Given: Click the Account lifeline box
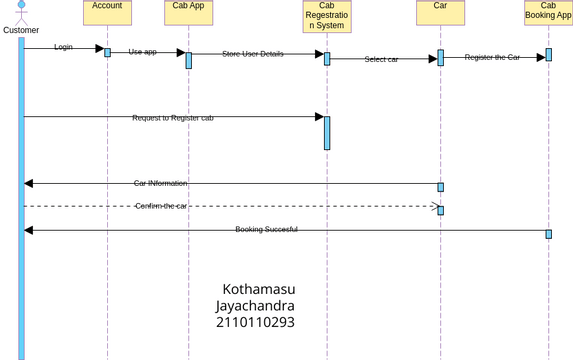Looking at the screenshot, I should tap(107, 12).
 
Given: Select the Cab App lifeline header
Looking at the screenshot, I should tap(187, 12).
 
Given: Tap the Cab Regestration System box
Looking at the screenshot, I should tap(326, 16).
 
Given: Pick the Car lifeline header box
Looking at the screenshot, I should tap(440, 12).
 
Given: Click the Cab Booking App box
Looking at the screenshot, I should tap(548, 12).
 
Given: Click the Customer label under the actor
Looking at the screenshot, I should tap(21, 30).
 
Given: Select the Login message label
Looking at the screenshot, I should tap(63, 47).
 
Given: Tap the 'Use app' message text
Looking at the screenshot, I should tap(143, 52).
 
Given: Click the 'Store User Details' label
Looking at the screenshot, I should tap(252, 54).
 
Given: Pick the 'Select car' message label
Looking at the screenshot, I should tap(381, 60).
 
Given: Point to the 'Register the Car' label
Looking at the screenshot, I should tap(492, 58).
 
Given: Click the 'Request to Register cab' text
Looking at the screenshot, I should tap(173, 118).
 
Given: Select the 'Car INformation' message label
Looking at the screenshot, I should tap(161, 184).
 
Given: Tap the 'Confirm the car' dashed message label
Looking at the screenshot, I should tap(161, 206).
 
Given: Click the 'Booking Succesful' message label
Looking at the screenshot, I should tap(266, 230).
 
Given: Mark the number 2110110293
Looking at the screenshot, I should tap(255, 323).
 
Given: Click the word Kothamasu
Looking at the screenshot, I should tap(258, 290).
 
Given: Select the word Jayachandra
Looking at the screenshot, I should tap(255, 306).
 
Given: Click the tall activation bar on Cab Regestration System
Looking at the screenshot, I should tap(327, 133).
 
